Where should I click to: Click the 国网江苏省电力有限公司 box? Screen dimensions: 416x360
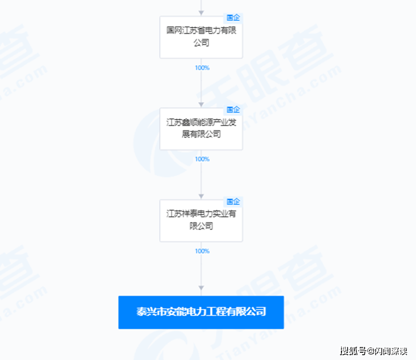point(201,38)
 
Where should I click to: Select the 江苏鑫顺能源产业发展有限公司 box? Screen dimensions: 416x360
point(201,129)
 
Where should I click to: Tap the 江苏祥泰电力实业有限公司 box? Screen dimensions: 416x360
point(201,220)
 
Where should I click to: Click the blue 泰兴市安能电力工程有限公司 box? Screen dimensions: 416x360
point(201,312)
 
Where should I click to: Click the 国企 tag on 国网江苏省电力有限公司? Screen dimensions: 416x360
point(233,18)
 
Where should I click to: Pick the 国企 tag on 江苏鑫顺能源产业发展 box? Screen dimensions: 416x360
point(233,110)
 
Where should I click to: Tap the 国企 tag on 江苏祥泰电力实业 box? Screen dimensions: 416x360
point(233,202)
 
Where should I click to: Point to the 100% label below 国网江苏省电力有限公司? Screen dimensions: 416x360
point(202,68)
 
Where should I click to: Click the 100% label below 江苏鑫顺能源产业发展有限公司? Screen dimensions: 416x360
point(202,159)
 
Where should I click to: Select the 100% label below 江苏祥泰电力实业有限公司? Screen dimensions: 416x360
point(202,251)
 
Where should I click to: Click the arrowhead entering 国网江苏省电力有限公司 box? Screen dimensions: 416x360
point(201,13)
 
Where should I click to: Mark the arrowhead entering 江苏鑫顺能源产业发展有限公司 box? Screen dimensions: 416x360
point(201,104)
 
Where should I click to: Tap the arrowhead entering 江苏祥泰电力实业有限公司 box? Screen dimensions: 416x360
point(201,196)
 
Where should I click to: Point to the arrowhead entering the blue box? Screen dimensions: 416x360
point(201,288)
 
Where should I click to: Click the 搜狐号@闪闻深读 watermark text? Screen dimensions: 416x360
point(374,351)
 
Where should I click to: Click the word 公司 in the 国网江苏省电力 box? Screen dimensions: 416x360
point(201,42)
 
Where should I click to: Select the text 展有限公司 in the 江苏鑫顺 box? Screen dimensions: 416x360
point(201,134)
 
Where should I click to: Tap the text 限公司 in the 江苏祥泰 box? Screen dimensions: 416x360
point(201,226)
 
